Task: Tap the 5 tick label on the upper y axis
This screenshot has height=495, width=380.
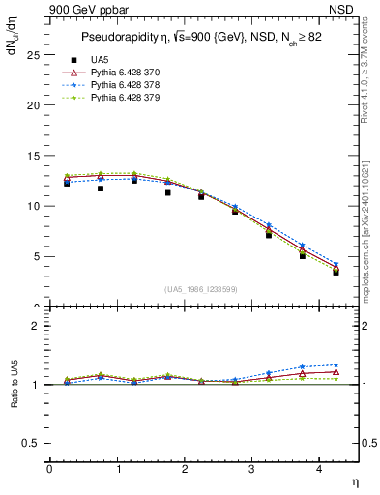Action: [38, 256]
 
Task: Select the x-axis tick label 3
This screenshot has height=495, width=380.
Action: [252, 469]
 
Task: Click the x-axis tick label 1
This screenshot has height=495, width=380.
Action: [118, 469]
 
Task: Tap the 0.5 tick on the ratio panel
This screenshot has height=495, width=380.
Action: [32, 443]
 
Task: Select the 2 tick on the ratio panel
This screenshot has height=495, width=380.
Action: [38, 326]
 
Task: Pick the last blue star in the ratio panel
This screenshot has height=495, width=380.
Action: [336, 365]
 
